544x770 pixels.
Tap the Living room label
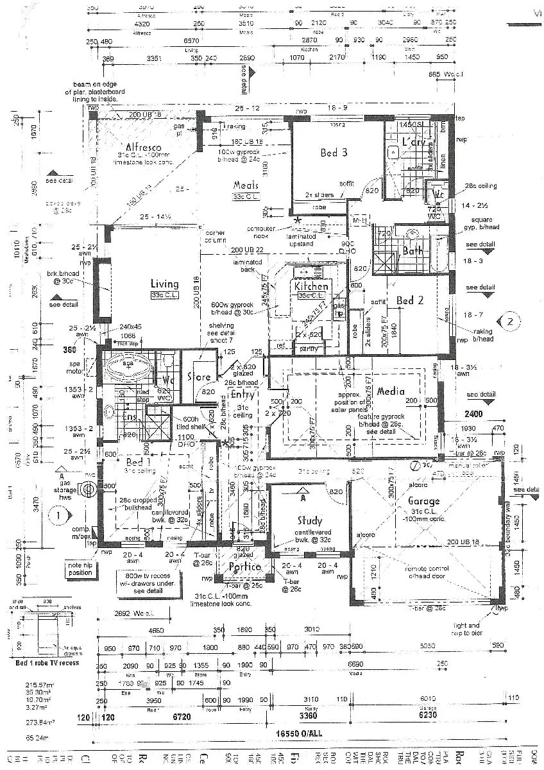pos(164,284)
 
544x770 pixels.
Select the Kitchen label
pos(312,287)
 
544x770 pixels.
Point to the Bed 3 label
pos(334,153)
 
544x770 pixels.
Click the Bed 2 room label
pos(409,300)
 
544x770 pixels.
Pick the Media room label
pos(391,391)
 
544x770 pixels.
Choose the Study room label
pos(310,521)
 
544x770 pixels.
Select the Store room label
pos(199,378)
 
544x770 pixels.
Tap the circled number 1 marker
pos(58,514)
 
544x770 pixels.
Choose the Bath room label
pos(412,251)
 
